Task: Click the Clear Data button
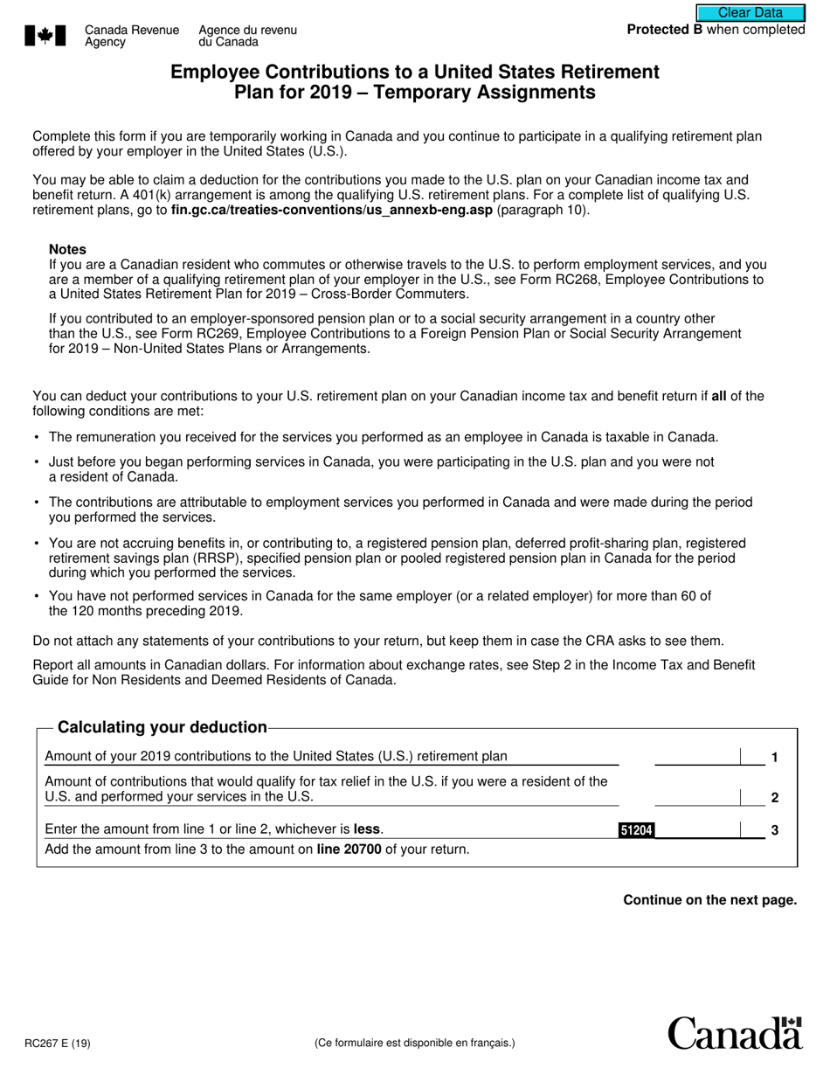[750, 12]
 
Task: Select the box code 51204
[636, 831]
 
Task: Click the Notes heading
[67, 249]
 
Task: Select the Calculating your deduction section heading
[162, 727]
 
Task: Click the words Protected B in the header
[664, 30]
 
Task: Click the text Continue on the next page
[709, 900]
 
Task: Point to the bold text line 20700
[349, 849]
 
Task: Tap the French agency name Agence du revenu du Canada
[247, 36]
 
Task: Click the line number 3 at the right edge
[774, 830]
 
